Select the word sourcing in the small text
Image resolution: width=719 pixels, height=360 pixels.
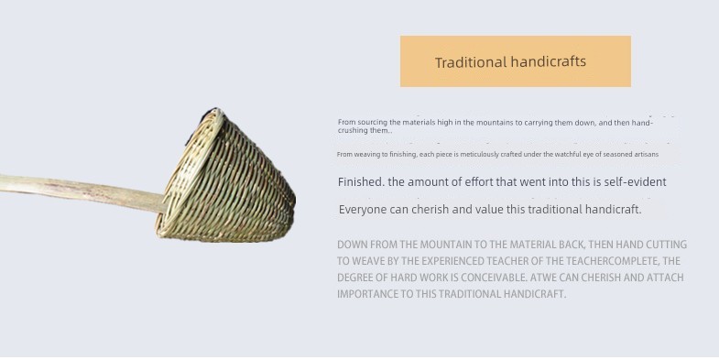372,123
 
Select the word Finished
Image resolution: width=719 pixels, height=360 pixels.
362,181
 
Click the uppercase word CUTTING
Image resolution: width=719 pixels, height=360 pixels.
668,245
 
